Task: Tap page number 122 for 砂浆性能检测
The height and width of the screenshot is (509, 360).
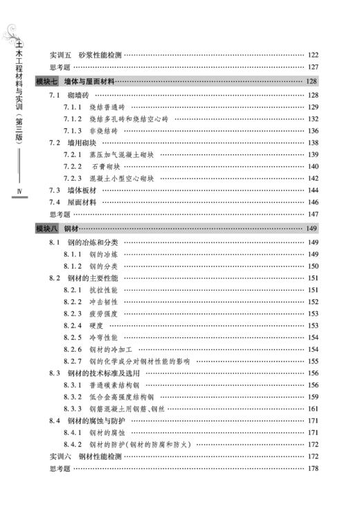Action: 312,55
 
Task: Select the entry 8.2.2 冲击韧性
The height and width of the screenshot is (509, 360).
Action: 93,302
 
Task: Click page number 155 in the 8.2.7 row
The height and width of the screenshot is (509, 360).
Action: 312,361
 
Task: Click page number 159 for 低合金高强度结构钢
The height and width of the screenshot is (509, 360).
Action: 312,397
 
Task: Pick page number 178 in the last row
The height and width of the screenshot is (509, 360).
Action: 312,469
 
